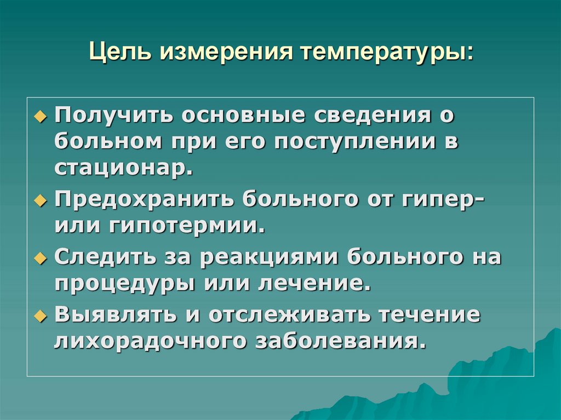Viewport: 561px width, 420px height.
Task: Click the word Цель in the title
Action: coord(121,54)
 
